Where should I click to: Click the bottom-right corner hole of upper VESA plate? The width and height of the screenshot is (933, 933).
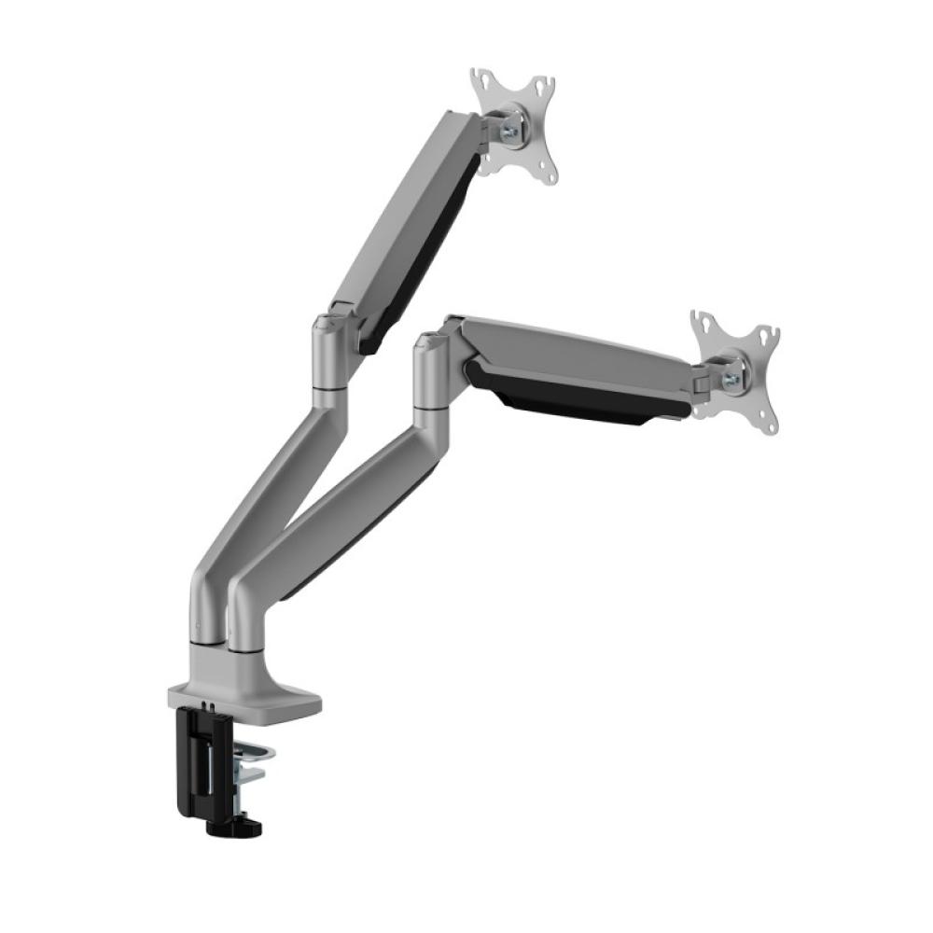[550, 176]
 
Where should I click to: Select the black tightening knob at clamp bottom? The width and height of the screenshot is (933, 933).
[244, 826]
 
